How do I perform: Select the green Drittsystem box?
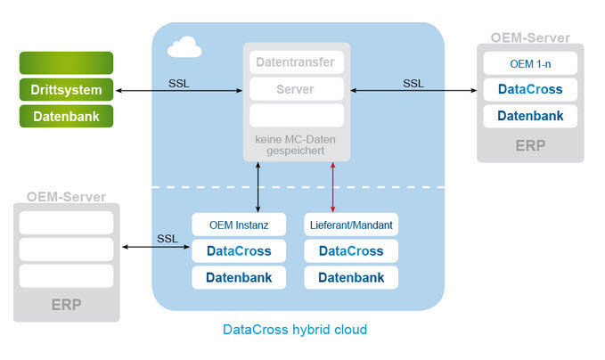coord(66,89)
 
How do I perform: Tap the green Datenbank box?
coord(66,116)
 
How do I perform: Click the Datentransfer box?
coord(296,62)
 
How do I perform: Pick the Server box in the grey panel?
coord(296,89)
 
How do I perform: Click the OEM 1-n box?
coord(529,63)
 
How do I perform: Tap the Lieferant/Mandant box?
coord(351,225)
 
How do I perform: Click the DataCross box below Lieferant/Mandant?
coord(351,251)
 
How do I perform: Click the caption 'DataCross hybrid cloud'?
coord(295,330)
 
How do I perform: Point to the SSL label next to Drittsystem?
coord(179,84)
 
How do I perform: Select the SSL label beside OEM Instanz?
coord(167,239)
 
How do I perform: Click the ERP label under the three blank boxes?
coord(66,304)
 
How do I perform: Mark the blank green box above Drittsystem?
coord(66,62)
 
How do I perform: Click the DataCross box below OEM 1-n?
coord(529,89)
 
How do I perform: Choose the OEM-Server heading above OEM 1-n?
coord(529,38)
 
